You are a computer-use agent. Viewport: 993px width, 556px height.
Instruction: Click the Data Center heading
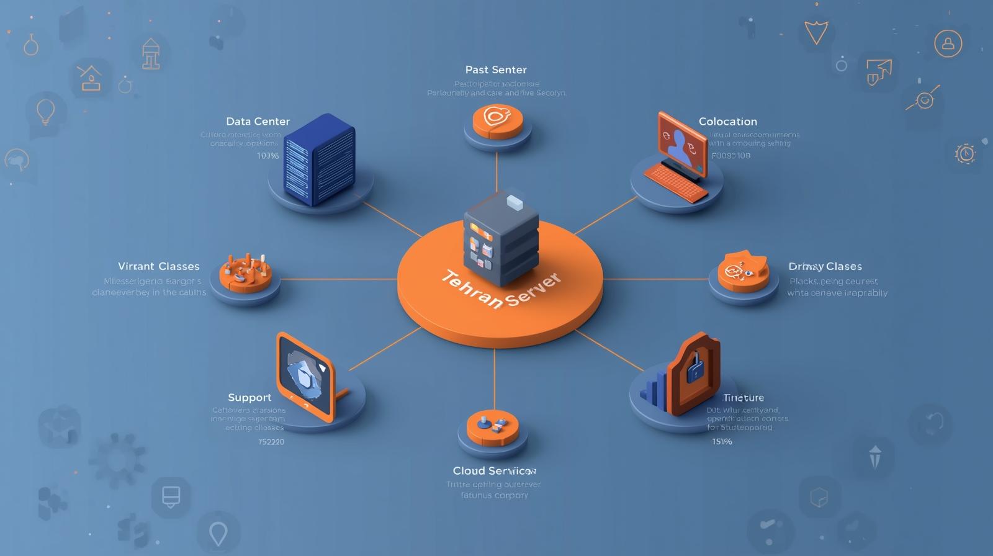(x=258, y=122)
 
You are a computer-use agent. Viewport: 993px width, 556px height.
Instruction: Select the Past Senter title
(x=496, y=69)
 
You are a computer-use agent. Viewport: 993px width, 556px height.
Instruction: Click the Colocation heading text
(x=727, y=122)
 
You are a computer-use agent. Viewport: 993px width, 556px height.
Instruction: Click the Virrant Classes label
(x=159, y=266)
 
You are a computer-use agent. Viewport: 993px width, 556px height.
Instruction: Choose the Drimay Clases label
(x=825, y=266)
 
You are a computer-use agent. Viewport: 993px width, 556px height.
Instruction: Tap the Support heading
(x=249, y=397)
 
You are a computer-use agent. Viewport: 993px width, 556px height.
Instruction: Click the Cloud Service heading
(x=494, y=470)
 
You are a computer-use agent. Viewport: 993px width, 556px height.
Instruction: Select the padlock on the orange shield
(x=694, y=368)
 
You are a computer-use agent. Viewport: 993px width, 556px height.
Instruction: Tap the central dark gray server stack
(x=500, y=242)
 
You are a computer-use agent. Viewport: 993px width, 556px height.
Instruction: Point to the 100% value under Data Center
(x=268, y=156)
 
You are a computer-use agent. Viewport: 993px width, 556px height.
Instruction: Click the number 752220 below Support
(x=271, y=442)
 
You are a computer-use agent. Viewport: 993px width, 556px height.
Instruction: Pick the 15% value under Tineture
(x=722, y=442)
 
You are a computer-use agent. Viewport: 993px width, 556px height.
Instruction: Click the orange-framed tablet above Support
(x=305, y=375)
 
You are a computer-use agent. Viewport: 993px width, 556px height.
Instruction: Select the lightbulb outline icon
(x=45, y=112)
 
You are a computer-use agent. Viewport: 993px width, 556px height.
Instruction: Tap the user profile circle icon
(x=948, y=43)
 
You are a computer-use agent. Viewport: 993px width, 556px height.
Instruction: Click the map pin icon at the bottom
(x=218, y=533)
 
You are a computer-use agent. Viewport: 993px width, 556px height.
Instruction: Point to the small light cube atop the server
(x=515, y=201)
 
